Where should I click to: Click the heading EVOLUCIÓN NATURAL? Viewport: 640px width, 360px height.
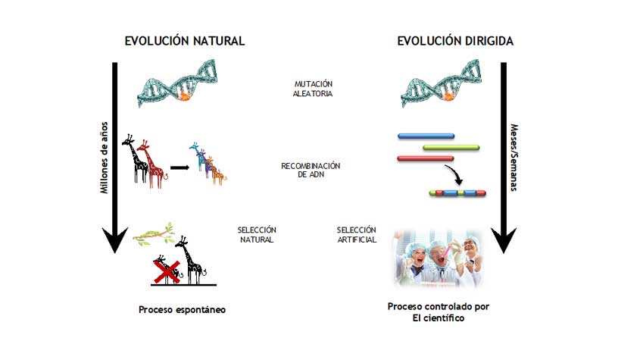(x=185, y=41)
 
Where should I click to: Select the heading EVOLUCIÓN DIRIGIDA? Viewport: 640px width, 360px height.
(x=455, y=41)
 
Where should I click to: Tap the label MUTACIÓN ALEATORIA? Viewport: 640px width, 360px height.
(x=313, y=89)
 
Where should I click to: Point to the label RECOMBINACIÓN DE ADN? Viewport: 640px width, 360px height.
(x=311, y=170)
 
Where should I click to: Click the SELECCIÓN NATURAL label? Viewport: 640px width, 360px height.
(x=257, y=235)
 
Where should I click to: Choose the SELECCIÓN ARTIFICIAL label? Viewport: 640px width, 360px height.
(x=356, y=235)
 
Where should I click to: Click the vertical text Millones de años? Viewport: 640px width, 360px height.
(x=105, y=158)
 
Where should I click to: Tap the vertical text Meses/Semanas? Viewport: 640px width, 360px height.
(x=514, y=158)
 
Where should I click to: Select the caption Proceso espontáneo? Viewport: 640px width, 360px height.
(x=182, y=310)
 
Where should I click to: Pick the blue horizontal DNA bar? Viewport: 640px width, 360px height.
(x=426, y=136)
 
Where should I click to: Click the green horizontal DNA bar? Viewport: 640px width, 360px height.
(x=451, y=148)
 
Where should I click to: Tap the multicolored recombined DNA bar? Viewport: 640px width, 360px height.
(x=457, y=193)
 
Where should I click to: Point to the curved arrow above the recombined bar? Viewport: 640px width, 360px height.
(x=455, y=174)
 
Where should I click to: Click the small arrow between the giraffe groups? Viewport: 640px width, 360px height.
(x=180, y=167)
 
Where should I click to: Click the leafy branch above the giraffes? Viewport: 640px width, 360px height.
(x=155, y=234)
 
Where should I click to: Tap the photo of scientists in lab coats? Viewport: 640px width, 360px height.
(x=439, y=258)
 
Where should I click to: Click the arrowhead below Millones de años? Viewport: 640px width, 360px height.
(x=114, y=240)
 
